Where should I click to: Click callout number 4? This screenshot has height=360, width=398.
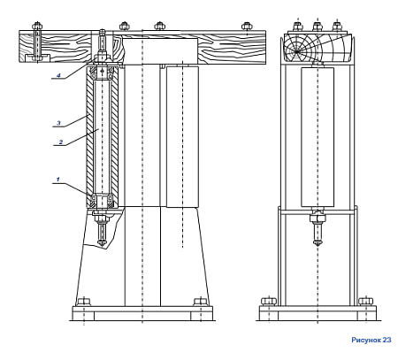click(58, 75)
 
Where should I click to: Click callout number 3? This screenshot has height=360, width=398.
click(58, 123)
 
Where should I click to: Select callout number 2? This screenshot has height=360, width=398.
click(61, 142)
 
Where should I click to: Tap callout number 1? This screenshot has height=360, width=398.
click(58, 179)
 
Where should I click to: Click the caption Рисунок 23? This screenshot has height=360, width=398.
click(371, 340)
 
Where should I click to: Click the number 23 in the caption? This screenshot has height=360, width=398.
click(387, 340)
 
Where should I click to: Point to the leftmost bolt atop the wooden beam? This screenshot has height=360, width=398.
click(37, 26)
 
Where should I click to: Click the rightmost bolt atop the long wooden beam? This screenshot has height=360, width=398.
click(247, 27)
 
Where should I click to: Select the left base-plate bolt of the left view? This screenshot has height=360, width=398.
click(84, 302)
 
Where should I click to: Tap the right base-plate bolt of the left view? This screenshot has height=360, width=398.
click(201, 302)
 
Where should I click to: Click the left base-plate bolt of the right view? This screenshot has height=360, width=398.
click(269, 302)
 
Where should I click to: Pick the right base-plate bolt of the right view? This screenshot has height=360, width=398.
click(365, 302)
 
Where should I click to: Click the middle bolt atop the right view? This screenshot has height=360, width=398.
click(318, 27)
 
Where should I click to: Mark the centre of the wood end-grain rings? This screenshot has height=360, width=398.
click(296, 51)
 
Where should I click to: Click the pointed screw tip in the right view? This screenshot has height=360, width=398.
click(318, 243)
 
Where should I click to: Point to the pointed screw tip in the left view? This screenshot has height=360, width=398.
click(102, 242)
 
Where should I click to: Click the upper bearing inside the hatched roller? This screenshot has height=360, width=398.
click(102, 73)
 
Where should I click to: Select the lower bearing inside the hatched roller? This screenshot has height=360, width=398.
click(102, 200)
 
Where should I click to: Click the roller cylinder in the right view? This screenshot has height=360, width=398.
click(318, 137)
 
